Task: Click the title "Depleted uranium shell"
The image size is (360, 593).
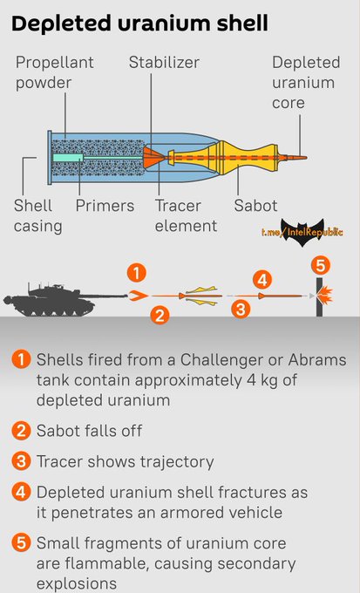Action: [x=140, y=24]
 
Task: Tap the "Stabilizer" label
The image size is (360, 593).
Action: [x=164, y=63]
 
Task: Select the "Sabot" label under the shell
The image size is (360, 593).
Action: [x=255, y=205]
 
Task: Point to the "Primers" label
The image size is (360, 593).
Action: [x=105, y=205]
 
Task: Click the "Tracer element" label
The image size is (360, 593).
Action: [x=186, y=215]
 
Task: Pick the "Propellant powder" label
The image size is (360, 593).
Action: [x=54, y=72]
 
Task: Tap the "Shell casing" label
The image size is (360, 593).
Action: [x=37, y=215]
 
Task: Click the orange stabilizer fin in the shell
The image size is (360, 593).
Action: [x=153, y=157]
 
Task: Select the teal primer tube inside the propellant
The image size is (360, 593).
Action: [x=68, y=157]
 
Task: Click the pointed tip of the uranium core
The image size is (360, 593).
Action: [x=306, y=157]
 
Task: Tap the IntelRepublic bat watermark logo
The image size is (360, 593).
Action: [x=302, y=232]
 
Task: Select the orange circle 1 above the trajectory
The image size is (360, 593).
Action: [x=137, y=273]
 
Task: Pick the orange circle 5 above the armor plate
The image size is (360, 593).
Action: [x=320, y=266]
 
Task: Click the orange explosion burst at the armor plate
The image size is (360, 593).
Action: [x=326, y=296]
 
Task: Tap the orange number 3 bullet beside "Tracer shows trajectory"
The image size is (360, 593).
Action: [x=20, y=462]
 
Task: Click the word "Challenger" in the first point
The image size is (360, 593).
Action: [x=230, y=359]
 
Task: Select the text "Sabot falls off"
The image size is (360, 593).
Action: [x=89, y=431]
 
